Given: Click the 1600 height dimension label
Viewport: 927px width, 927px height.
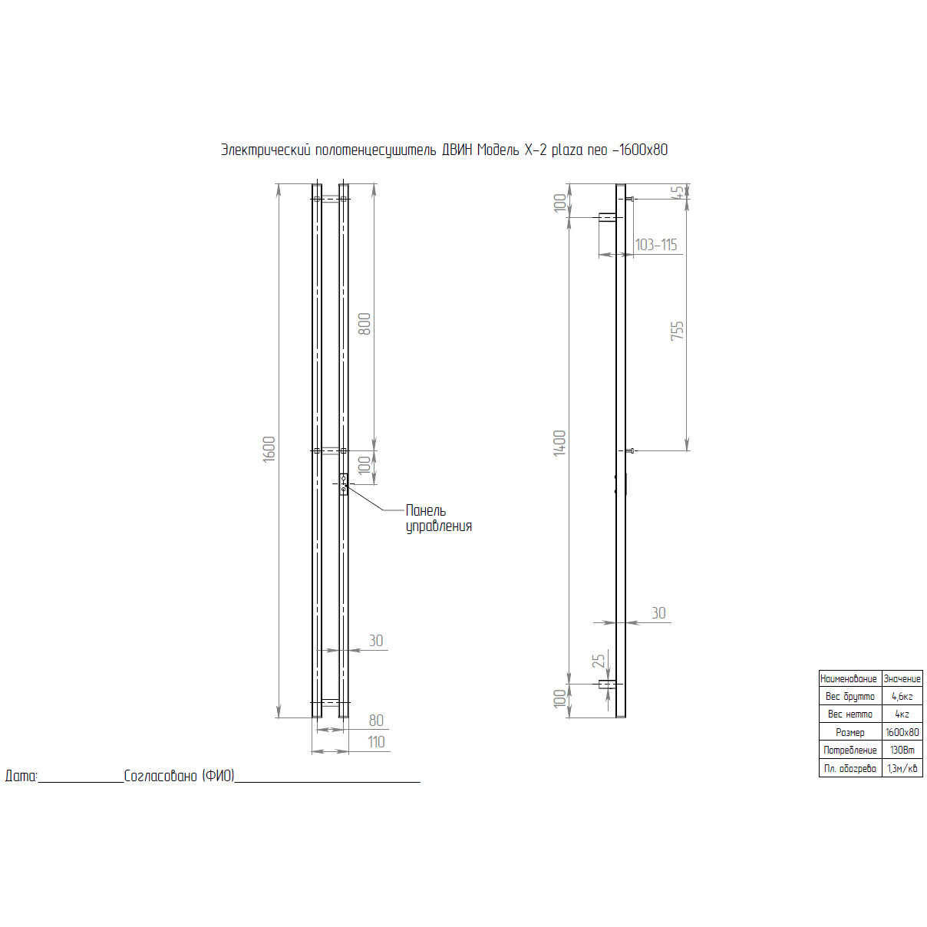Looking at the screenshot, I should click(269, 449).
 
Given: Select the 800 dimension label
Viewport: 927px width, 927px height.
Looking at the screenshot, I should click(365, 323).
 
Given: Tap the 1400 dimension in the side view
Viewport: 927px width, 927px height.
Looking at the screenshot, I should click(559, 443).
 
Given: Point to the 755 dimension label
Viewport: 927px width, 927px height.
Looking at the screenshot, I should click(677, 331).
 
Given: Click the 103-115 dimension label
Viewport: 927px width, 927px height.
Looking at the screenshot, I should click(656, 245).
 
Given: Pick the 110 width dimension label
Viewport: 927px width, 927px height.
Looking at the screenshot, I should click(376, 742).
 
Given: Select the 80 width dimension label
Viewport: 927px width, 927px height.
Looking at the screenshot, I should click(376, 721).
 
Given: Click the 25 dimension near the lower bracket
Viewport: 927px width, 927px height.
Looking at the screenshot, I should click(599, 660).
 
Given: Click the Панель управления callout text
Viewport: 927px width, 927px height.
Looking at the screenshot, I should click(438, 518).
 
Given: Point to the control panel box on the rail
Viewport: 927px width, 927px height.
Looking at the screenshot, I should click(344, 483).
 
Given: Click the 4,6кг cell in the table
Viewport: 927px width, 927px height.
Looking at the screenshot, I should click(902, 697).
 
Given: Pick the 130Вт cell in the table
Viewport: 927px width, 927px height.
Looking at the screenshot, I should click(902, 751).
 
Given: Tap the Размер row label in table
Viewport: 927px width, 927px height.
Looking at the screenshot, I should click(849, 733).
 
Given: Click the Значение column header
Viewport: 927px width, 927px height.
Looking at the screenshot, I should click(902, 679).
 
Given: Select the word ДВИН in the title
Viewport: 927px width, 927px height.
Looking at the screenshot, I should click(457, 150).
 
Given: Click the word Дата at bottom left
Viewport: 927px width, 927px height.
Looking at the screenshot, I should click(21, 776).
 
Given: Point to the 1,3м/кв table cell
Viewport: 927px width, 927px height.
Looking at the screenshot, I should click(902, 768).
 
